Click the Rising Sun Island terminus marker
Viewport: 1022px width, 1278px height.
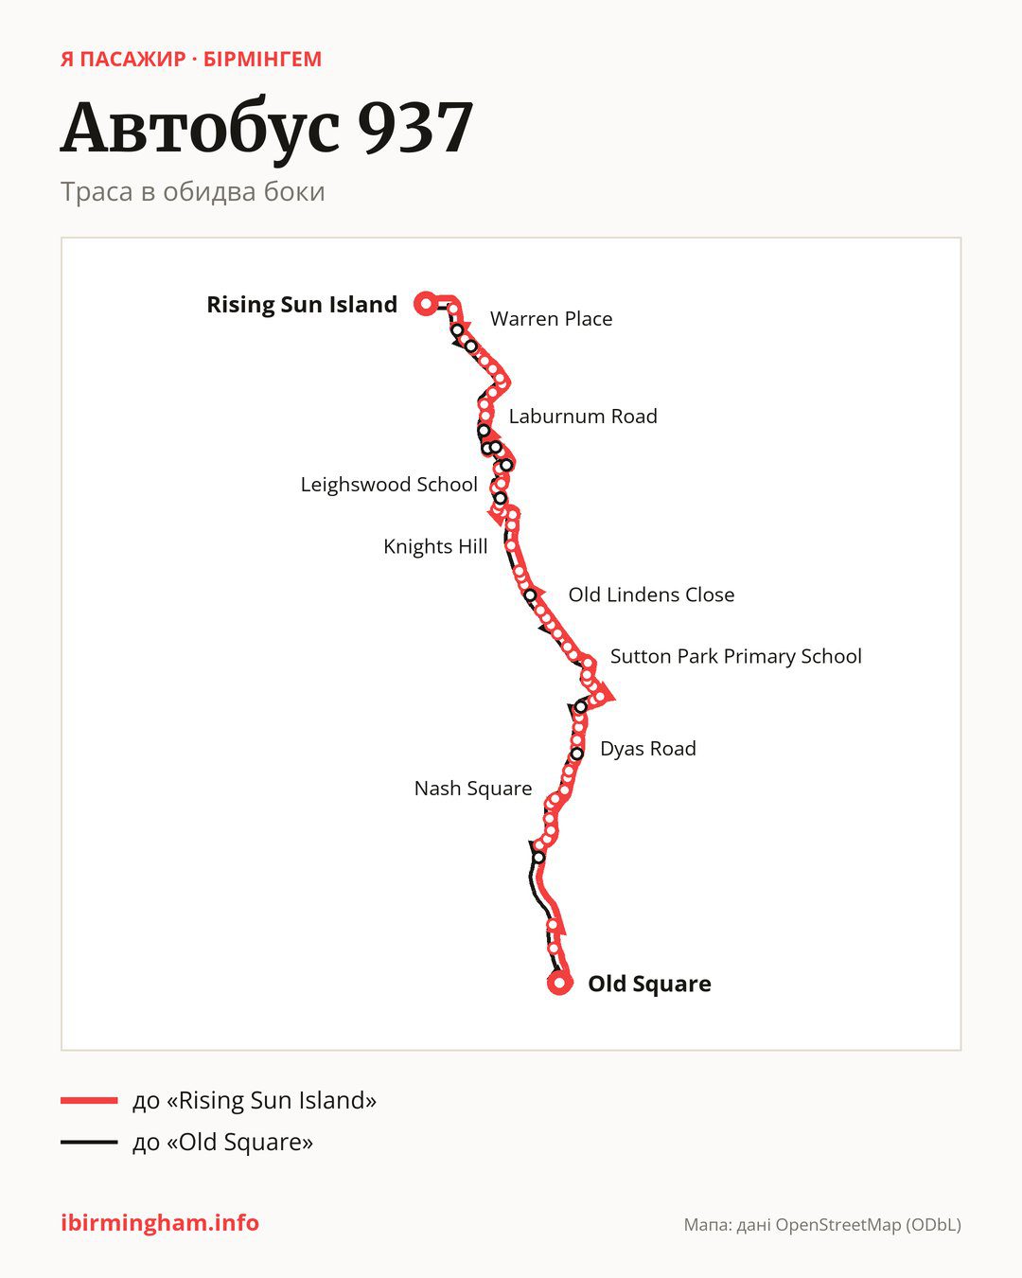[426, 304]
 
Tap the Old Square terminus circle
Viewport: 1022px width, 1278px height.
[559, 983]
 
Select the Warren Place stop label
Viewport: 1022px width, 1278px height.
[551, 319]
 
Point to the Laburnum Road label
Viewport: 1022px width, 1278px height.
[583, 417]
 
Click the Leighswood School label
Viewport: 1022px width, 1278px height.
[389, 485]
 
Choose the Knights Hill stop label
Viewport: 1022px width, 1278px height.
[435, 546]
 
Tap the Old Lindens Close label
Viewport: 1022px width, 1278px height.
[651, 595]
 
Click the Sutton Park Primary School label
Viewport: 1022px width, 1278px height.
[736, 656]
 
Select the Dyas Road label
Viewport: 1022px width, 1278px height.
[648, 749]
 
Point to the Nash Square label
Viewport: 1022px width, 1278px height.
[473, 789]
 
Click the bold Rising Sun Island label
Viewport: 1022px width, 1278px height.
[302, 305]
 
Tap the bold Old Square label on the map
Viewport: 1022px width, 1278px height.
[649, 984]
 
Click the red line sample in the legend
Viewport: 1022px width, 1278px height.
[89, 1100]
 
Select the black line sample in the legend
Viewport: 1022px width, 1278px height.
[89, 1142]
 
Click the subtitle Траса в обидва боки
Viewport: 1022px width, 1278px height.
[193, 192]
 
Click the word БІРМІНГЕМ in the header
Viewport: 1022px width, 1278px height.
[262, 60]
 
